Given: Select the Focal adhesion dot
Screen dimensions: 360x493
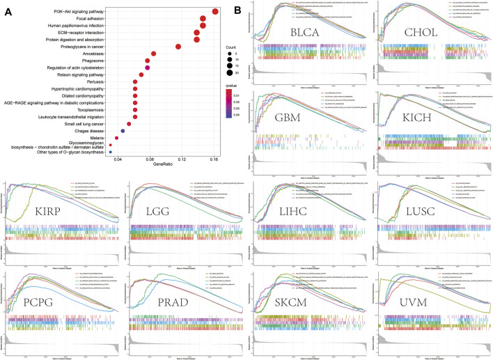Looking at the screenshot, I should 203,19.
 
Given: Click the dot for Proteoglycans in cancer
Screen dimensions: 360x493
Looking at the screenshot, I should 179,46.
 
